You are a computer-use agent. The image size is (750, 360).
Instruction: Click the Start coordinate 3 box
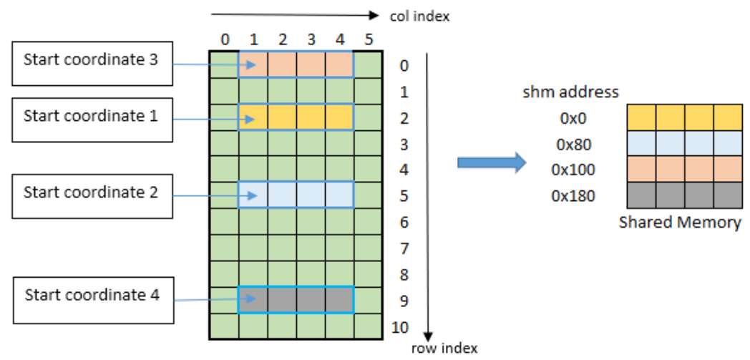[x=92, y=64]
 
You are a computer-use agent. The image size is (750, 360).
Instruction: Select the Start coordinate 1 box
[x=92, y=120]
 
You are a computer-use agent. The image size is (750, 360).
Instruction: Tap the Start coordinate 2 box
[x=92, y=196]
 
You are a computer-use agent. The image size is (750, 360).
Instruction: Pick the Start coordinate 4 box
[x=93, y=300]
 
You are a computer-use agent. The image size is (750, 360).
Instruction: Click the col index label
[x=419, y=16]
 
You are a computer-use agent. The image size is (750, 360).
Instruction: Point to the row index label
[x=444, y=348]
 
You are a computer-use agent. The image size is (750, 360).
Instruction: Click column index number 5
[x=369, y=40]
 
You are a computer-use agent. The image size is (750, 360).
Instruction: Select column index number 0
[x=224, y=40]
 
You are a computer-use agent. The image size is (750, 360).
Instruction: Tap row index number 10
[x=400, y=328]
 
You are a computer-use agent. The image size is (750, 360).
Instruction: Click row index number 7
[x=404, y=249]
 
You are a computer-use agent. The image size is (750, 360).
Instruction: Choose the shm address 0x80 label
[x=573, y=145]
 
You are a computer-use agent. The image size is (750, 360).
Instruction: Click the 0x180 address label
[x=573, y=196]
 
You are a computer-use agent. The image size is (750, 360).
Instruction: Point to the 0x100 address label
[x=573, y=170]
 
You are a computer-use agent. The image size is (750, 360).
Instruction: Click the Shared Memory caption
[x=680, y=223]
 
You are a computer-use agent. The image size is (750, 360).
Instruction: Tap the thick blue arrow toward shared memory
[x=492, y=163]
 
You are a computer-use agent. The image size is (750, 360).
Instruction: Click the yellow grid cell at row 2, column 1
[x=253, y=117]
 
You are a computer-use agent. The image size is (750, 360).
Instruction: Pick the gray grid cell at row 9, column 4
[x=339, y=300]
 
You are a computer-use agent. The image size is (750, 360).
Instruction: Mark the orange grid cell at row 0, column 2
[x=282, y=64]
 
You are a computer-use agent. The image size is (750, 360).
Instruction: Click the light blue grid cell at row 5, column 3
[x=311, y=195]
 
